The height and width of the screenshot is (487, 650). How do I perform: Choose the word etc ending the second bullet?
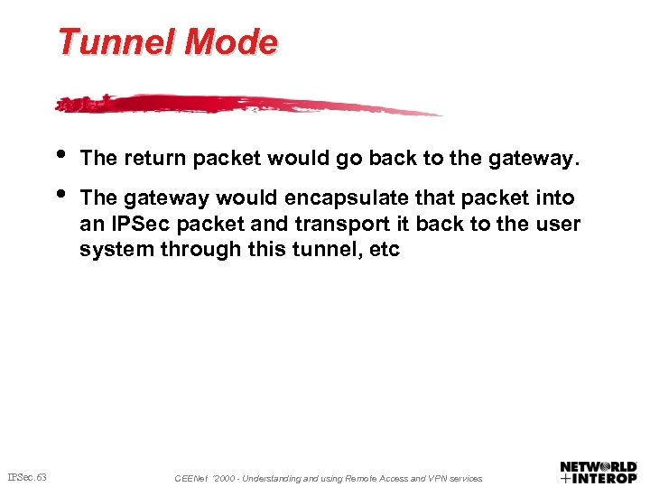pos(385,249)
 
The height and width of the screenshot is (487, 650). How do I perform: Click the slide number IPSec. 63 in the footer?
pos(27,476)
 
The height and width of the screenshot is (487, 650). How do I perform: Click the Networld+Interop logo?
pos(598,472)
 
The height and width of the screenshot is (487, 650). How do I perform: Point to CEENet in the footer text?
pos(190,478)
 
